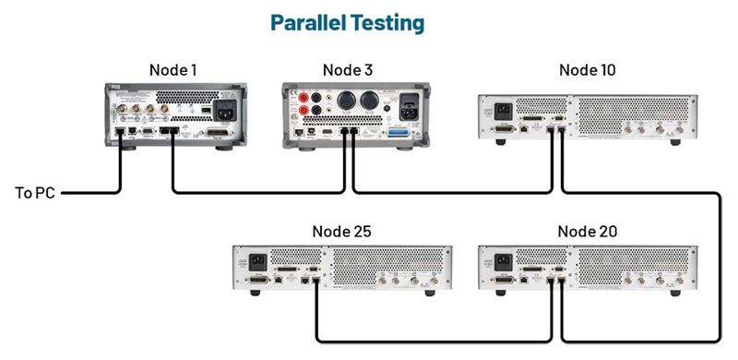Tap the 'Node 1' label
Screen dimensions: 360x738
point(173,70)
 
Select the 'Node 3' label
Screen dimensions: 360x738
point(347,70)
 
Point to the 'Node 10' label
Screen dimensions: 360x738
point(588,70)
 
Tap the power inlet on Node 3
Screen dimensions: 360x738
point(407,103)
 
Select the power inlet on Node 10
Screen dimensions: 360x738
point(503,110)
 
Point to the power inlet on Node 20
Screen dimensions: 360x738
point(503,260)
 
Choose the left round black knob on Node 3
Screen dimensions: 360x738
point(349,99)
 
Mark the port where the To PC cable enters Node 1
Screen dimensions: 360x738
point(119,133)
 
